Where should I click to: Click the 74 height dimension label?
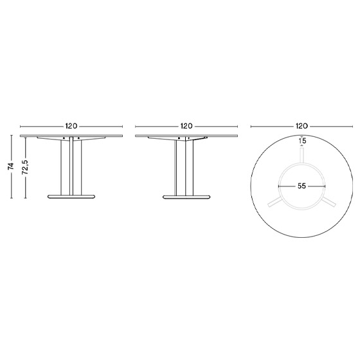[11, 166]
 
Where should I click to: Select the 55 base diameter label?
[301, 186]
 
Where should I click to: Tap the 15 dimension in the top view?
[303, 141]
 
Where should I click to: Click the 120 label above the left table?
[71, 126]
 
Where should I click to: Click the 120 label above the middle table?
[186, 126]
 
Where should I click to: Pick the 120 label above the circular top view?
[301, 126]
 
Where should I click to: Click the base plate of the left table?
[71, 197]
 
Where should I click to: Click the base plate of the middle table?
[186, 197]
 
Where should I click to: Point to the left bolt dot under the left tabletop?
[64, 138]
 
